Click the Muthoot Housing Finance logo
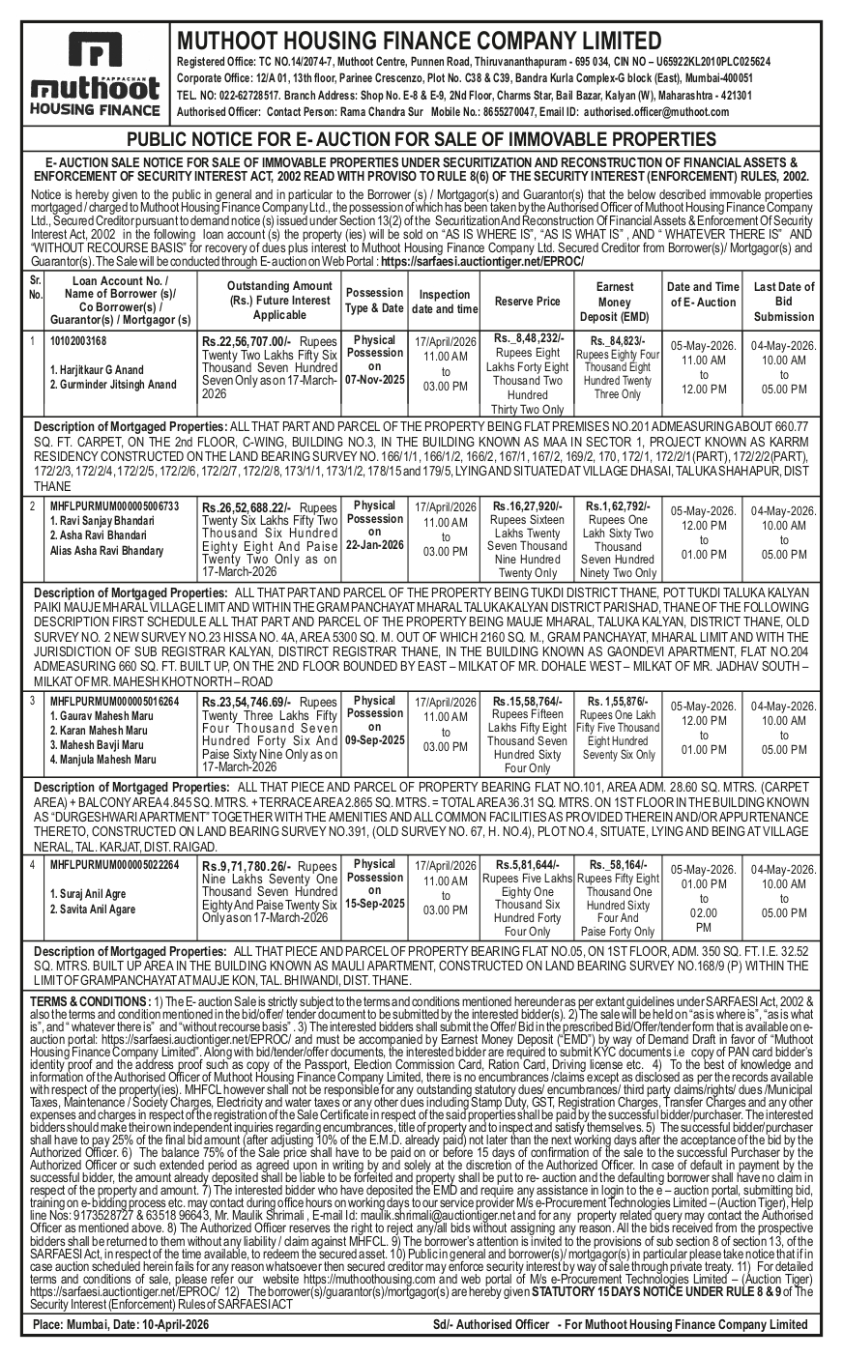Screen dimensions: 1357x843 pos(93,75)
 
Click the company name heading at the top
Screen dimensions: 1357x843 pos(414,41)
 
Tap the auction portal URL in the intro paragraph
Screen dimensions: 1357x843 pos(482,262)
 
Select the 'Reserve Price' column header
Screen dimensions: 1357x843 pos(528,302)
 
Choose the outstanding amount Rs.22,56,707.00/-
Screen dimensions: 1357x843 pos(246,341)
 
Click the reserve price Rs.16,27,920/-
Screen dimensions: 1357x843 pos(528,505)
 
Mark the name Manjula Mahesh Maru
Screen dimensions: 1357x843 pos(102,760)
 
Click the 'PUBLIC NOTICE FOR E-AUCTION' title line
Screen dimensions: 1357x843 pos(421,140)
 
